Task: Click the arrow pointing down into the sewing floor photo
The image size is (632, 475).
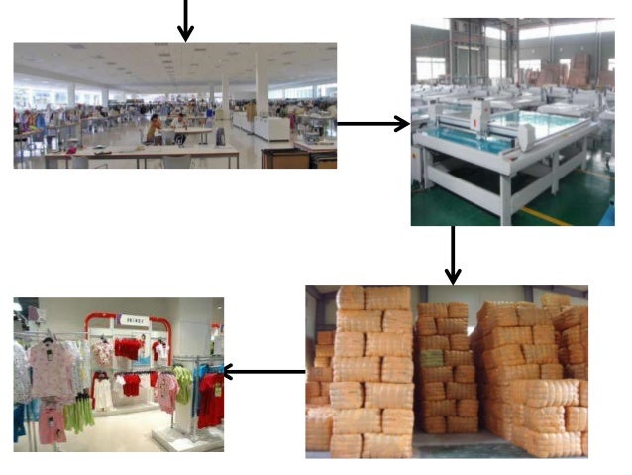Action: tap(185, 20)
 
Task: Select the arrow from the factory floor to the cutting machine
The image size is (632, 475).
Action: tap(372, 124)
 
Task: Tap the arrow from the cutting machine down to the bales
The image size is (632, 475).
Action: tap(453, 255)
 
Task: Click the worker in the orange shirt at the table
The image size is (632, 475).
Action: tap(154, 128)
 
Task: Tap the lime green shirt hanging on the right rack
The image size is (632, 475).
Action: tap(182, 382)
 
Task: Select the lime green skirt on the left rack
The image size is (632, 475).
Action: tap(79, 413)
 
